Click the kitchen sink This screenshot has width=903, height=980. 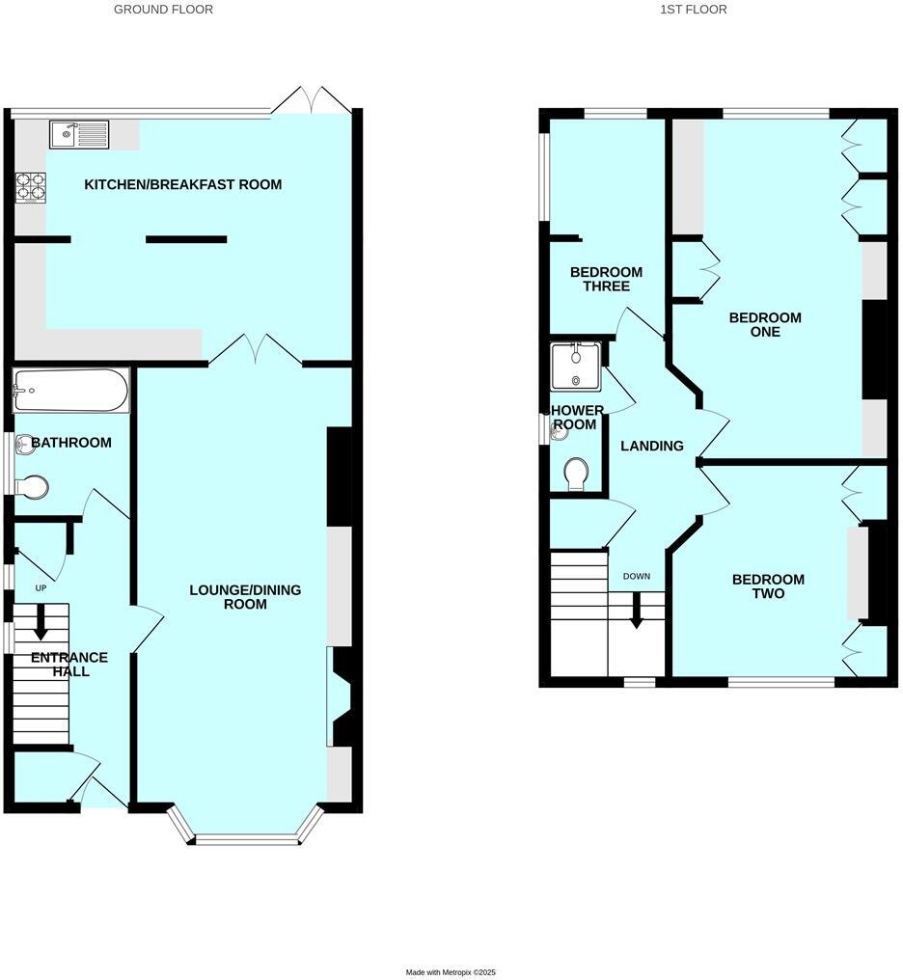pyautogui.click(x=79, y=134)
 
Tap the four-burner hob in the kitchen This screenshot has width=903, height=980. pyautogui.click(x=30, y=184)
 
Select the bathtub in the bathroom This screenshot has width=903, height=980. pyautogui.click(x=70, y=391)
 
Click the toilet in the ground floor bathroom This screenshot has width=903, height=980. pyautogui.click(x=34, y=487)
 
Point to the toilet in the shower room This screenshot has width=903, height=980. pyautogui.click(x=577, y=473)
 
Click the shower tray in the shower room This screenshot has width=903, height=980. pyautogui.click(x=575, y=365)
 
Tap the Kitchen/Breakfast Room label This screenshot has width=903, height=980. pyautogui.click(x=183, y=184)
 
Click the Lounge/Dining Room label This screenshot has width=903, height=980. pyautogui.click(x=245, y=597)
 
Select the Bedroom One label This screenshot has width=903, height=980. pyautogui.click(x=765, y=324)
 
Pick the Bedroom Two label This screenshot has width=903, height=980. pyautogui.click(x=768, y=586)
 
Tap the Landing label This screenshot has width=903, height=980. pyautogui.click(x=652, y=446)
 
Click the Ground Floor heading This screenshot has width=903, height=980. pyautogui.click(x=163, y=10)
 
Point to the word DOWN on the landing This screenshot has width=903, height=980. pyautogui.click(x=637, y=577)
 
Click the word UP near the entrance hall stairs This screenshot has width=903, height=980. pyautogui.click(x=41, y=587)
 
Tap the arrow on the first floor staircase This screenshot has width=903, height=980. pyautogui.click(x=637, y=611)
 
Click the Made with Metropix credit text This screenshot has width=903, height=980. pyautogui.click(x=451, y=972)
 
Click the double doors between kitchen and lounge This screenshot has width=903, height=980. pyautogui.click(x=256, y=349)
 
